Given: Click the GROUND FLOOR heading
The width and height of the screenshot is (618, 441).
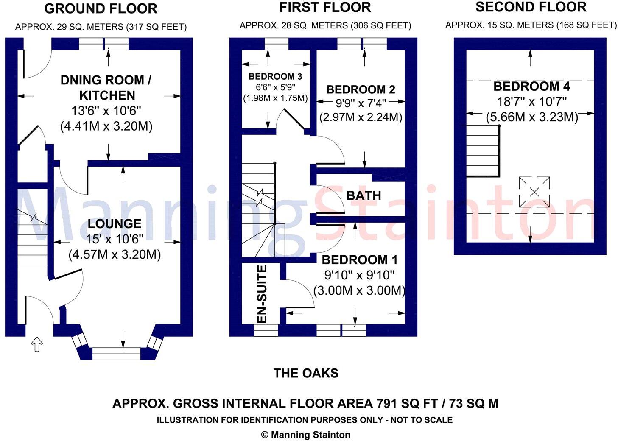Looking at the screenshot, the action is click(101, 9).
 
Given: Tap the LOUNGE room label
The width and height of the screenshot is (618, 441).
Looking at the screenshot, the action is click(115, 223).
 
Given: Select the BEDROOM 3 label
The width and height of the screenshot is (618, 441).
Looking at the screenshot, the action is click(275, 76).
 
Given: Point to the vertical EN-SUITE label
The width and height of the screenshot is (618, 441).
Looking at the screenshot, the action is click(263, 294).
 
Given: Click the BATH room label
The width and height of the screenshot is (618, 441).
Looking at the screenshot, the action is click(364, 195).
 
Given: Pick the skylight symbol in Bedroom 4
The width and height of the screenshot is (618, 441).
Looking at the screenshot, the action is click(534, 192).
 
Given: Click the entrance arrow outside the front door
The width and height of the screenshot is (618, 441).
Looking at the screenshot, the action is click(37, 345).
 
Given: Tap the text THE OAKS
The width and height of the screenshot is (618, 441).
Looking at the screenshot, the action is click(306, 373).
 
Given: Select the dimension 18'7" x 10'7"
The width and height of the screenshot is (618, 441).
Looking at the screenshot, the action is click(531, 101).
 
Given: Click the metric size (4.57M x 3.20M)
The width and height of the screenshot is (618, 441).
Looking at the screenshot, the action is click(115, 254).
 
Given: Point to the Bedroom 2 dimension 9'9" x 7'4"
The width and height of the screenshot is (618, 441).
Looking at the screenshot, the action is click(361, 103).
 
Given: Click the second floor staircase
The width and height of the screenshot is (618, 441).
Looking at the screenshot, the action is click(483, 151).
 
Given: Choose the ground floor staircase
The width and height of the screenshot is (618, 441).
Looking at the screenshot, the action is click(33, 237).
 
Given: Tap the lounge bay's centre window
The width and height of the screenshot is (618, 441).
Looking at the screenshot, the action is click(116, 354).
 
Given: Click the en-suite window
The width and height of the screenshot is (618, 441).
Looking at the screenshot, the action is click(266, 330).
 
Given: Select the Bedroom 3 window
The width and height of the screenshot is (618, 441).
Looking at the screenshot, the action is click(277, 44).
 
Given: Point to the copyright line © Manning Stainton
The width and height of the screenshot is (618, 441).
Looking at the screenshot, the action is click(306, 435).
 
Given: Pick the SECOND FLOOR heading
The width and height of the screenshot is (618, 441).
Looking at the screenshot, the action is click(531, 7).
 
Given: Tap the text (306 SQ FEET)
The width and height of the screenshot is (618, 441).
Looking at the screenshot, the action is click(381, 25).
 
